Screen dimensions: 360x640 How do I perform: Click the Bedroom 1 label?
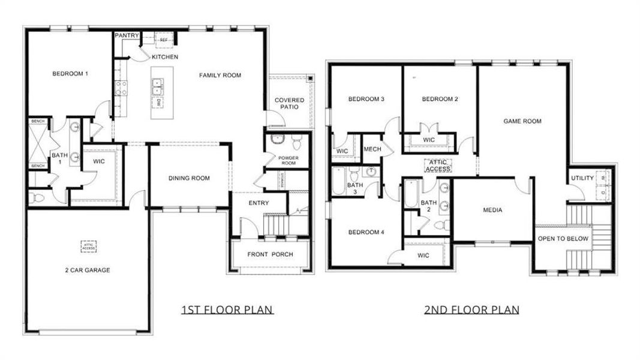[70, 74]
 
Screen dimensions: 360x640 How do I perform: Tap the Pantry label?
[127, 36]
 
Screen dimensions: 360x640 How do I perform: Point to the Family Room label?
[220, 76]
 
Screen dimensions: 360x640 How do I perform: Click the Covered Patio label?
[289, 103]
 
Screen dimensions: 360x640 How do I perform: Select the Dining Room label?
[189, 178]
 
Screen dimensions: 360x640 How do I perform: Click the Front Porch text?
[271, 254]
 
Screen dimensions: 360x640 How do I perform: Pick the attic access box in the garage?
[89, 245]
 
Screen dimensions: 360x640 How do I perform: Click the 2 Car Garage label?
[88, 270]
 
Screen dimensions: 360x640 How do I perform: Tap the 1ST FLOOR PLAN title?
[227, 310]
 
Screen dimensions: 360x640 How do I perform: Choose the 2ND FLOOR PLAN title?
[471, 310]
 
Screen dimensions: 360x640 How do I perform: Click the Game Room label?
[522, 121]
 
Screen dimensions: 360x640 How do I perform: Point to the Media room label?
[492, 210]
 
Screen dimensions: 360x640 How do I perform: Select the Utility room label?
[582, 178]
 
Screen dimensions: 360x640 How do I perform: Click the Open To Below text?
[563, 239]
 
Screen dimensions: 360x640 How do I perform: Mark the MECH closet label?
[372, 149]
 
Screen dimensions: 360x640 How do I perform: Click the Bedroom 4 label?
[365, 232]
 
